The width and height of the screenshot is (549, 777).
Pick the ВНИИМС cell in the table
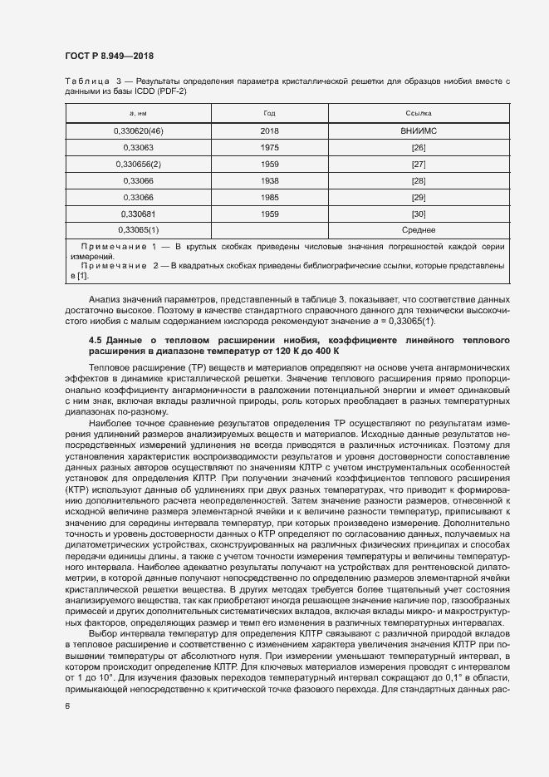coord(418,131)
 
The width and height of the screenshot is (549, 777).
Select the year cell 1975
coord(269,148)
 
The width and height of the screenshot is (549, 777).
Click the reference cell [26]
coord(418,148)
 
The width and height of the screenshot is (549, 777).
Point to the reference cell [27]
coord(418,164)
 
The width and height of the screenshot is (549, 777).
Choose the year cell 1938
coord(269,180)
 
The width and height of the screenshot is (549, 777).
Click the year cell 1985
coord(269,197)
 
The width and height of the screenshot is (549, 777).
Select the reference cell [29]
coord(418,197)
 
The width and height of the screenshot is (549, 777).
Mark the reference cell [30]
coord(418,213)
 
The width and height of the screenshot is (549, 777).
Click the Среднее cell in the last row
coord(418,229)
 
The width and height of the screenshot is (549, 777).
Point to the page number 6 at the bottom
coord(66,706)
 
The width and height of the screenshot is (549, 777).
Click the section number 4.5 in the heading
coord(95,341)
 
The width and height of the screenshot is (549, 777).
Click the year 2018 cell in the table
coord(269,131)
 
